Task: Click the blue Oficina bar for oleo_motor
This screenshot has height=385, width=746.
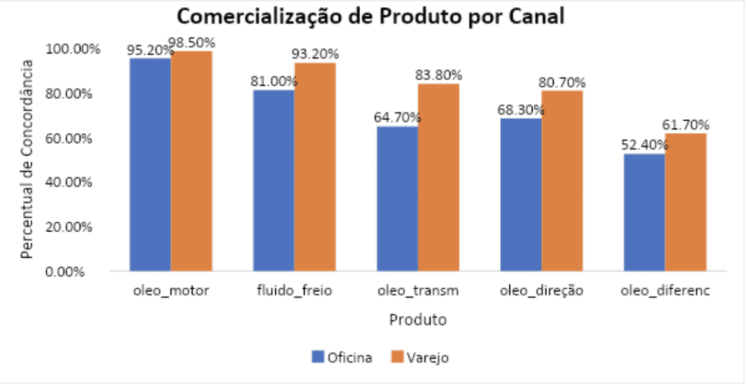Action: tap(150, 165)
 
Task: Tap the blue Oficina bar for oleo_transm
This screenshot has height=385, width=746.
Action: tap(397, 198)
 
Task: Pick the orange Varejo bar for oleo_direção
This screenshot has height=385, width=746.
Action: tap(562, 181)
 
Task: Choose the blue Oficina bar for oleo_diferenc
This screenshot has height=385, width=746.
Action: tap(645, 212)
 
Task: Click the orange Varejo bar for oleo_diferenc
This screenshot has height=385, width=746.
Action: tap(685, 202)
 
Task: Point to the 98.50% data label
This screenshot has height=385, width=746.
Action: tap(192, 43)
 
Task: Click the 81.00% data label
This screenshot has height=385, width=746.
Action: tap(273, 82)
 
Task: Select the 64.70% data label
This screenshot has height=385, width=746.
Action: tap(397, 118)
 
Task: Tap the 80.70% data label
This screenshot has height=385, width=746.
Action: tap(561, 82)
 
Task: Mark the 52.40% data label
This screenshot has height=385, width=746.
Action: tap(645, 145)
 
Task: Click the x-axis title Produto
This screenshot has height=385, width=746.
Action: tap(418, 320)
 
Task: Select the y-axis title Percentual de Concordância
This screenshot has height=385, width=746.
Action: tap(27, 159)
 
